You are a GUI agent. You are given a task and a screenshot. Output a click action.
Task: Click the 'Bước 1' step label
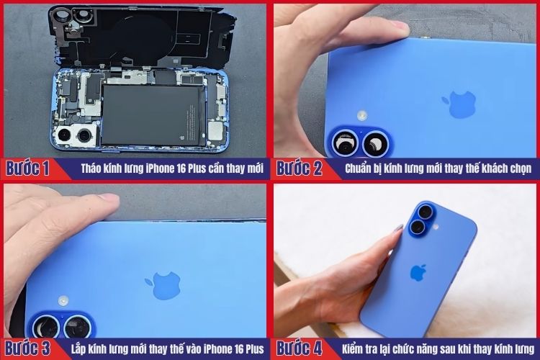coord(28,169)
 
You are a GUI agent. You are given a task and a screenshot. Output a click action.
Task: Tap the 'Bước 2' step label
coord(299,169)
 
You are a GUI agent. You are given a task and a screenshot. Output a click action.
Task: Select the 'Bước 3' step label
coord(28,348)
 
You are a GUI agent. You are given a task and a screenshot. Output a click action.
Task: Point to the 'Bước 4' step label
coord(299,348)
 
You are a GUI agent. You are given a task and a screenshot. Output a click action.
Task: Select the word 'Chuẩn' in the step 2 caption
coord(356,169)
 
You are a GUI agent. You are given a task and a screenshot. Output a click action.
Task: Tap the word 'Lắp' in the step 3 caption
coord(79,349)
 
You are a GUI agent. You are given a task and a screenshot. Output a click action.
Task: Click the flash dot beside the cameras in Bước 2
coord(362,114)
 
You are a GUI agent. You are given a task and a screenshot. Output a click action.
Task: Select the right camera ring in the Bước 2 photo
coord(377,144)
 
